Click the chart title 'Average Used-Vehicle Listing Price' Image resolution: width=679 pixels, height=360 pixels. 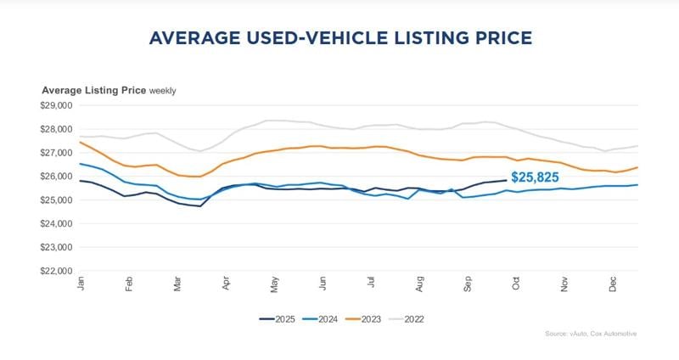coord(339,38)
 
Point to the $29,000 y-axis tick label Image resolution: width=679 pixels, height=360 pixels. coord(58,106)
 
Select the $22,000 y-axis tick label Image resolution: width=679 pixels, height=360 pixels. coord(58,271)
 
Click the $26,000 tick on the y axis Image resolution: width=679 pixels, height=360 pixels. coord(58,177)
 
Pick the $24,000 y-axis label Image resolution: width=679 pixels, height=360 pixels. coord(58,224)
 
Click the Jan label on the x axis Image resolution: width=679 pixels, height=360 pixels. coord(81,284)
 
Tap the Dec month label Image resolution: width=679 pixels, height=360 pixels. coord(613,284)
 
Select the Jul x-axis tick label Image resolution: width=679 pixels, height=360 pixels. coord(371,284)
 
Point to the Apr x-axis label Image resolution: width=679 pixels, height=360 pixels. coord(226,284)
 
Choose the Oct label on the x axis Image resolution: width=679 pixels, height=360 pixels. coord(516,284)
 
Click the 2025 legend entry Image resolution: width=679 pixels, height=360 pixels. coord(281,319)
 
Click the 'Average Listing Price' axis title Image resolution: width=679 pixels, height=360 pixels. coord(94,90)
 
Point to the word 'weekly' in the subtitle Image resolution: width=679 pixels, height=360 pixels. coord(163,90)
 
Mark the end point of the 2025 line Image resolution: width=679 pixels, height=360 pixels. coord(506,180)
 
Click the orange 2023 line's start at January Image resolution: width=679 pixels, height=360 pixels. coord(80,142)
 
